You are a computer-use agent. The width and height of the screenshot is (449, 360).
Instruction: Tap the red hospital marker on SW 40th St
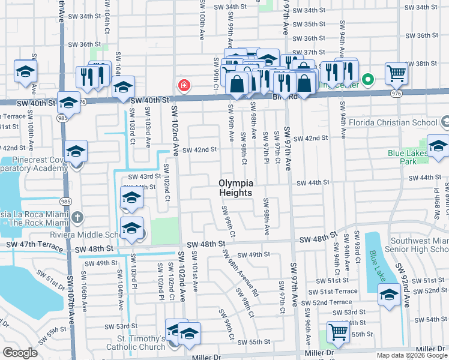pos(184,86)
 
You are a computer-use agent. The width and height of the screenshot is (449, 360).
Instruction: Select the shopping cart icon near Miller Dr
pos(338,332)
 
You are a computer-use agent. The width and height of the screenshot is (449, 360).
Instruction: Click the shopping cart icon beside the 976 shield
pos(396,74)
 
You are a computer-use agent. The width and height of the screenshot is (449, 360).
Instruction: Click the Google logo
pos(20,353)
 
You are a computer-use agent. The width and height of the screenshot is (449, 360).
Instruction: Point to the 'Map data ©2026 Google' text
pos(412,355)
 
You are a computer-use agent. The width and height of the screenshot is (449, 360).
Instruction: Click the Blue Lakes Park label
pos(408,157)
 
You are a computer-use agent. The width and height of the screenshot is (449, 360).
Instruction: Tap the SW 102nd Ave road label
pos(175,131)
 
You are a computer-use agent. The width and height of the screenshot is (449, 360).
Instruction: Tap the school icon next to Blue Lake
pos(388,295)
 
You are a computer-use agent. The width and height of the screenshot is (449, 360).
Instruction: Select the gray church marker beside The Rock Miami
pos(77,216)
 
